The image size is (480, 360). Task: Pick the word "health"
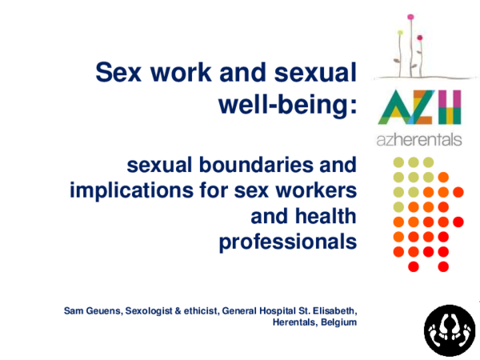(x=322, y=217)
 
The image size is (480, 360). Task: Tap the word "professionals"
(x=287, y=242)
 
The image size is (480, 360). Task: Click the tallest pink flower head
(x=410, y=16)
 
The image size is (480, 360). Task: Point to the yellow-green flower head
(x=400, y=34)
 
